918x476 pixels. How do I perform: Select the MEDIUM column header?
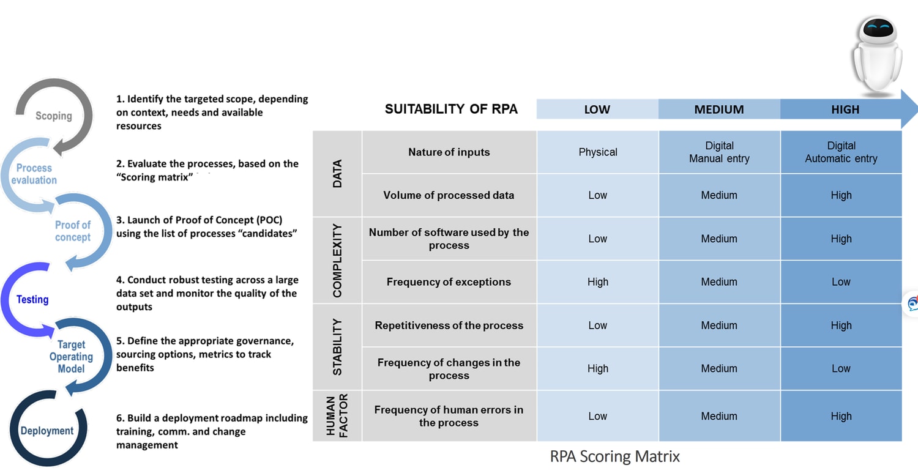tap(719, 110)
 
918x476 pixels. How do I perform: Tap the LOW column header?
tap(597, 110)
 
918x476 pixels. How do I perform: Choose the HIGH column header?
tap(845, 110)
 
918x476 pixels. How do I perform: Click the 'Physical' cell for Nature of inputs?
tap(598, 152)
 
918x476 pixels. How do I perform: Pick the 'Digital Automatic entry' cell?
tap(841, 152)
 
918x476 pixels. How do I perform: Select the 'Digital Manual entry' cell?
tap(719, 152)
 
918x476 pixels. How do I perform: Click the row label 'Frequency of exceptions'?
tap(449, 282)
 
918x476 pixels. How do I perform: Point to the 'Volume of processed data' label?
tap(449, 195)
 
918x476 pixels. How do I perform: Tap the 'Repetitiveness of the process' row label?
tap(449, 325)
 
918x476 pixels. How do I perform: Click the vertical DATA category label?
tap(337, 174)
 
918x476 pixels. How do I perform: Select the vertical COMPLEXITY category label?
tap(337, 260)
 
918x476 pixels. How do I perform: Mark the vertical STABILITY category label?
tap(337, 347)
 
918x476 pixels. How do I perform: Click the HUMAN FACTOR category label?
tap(337, 416)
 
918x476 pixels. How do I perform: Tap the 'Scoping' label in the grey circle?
tap(53, 116)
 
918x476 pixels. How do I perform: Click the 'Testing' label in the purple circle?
tap(32, 300)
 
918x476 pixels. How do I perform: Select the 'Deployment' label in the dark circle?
tap(47, 431)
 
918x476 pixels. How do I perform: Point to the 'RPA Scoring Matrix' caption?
tap(614, 456)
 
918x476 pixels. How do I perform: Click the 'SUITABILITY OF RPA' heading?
tap(451, 110)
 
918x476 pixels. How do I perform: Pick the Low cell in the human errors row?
tap(598, 416)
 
